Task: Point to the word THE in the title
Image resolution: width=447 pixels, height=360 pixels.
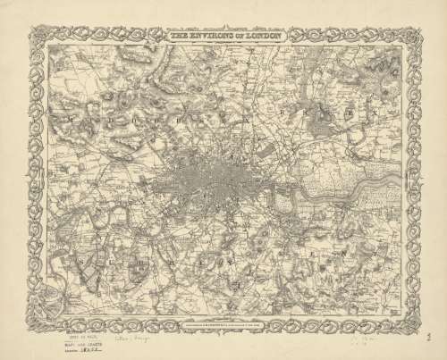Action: [x=180, y=37]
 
